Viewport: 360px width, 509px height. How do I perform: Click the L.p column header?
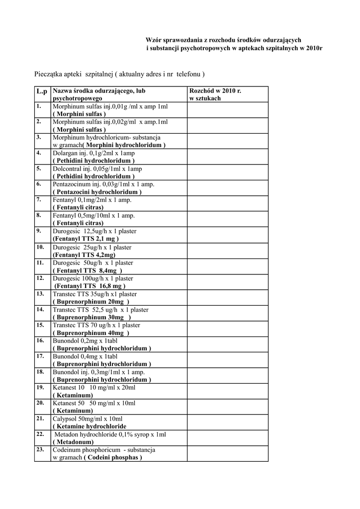(41, 91)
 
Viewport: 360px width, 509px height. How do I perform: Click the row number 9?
(38, 231)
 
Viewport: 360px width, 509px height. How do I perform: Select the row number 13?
(40, 293)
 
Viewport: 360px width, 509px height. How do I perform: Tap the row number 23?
(40, 449)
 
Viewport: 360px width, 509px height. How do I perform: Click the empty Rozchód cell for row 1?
(227, 110)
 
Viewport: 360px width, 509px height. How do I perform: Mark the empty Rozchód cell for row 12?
(227, 282)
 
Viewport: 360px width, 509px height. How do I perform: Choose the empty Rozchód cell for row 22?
(227, 438)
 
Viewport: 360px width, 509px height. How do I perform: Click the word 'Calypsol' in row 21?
(65, 419)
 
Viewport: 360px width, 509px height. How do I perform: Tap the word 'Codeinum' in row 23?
(66, 450)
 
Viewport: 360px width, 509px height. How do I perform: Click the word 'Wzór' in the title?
(153, 40)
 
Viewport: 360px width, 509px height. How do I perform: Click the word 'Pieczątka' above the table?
(49, 74)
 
